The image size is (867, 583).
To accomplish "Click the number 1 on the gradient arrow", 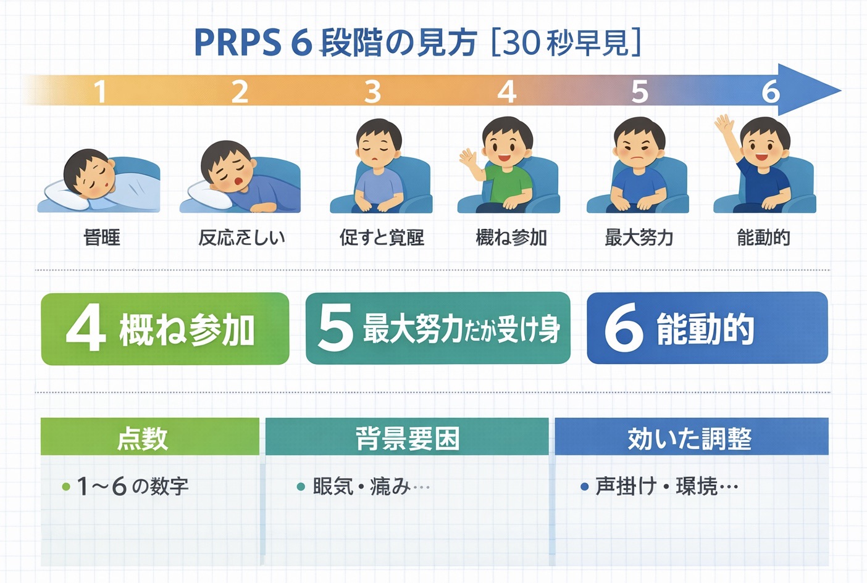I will click(x=99, y=92).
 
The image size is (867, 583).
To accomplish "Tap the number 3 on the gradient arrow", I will click(x=372, y=92).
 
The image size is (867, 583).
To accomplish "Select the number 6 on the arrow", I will click(x=770, y=92).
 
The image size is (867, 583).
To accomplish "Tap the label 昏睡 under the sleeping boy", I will click(x=102, y=238).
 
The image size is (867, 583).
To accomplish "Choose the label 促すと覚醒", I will click(x=382, y=238).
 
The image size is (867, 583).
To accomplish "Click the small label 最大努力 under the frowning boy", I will click(x=639, y=238).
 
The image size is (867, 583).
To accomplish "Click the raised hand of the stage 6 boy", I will click(x=724, y=127).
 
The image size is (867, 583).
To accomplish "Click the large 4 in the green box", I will click(x=86, y=329).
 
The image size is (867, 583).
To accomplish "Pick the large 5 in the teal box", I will click(x=335, y=328).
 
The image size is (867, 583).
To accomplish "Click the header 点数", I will click(x=143, y=439).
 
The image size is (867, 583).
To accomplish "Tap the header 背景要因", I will click(x=407, y=439).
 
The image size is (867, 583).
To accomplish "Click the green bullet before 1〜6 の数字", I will click(x=66, y=487).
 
